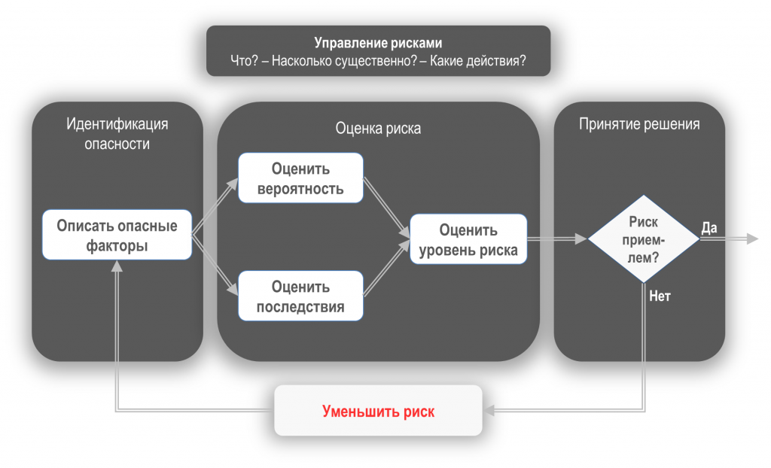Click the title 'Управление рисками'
[x=378, y=43]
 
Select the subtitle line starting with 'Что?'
[x=378, y=62]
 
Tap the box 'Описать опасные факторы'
[x=117, y=235]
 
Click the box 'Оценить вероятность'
[x=300, y=178]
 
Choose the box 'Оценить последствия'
[x=300, y=296]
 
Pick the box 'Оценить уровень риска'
[x=468, y=239]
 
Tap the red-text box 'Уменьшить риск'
[x=378, y=411]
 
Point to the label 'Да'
[x=709, y=227]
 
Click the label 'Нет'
[x=660, y=296]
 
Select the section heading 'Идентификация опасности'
[x=117, y=133]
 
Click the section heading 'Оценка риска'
[x=378, y=129]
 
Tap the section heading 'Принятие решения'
[x=639, y=124]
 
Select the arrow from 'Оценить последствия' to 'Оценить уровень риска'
[x=386, y=272]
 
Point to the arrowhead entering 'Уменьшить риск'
[x=489, y=411]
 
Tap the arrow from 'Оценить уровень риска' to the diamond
[x=557, y=239]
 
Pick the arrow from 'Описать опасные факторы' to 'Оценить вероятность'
[x=215, y=208]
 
